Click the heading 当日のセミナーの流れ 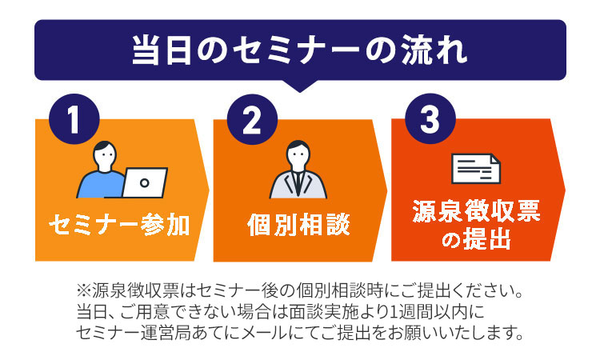click(x=300, y=50)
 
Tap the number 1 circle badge click(x=74, y=119)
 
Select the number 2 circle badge click(x=252, y=119)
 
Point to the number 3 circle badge click(x=430, y=118)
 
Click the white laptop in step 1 click(x=145, y=182)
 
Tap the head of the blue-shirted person click(x=105, y=156)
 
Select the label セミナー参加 click(x=119, y=225)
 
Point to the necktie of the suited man click(x=298, y=184)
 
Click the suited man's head click(x=298, y=155)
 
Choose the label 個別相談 click(x=298, y=225)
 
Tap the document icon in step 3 click(x=476, y=168)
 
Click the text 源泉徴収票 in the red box click(x=477, y=211)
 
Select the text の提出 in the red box click(x=477, y=239)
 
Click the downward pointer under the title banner click(x=300, y=86)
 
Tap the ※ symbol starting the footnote click(x=83, y=291)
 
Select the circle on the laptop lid click(x=145, y=183)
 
